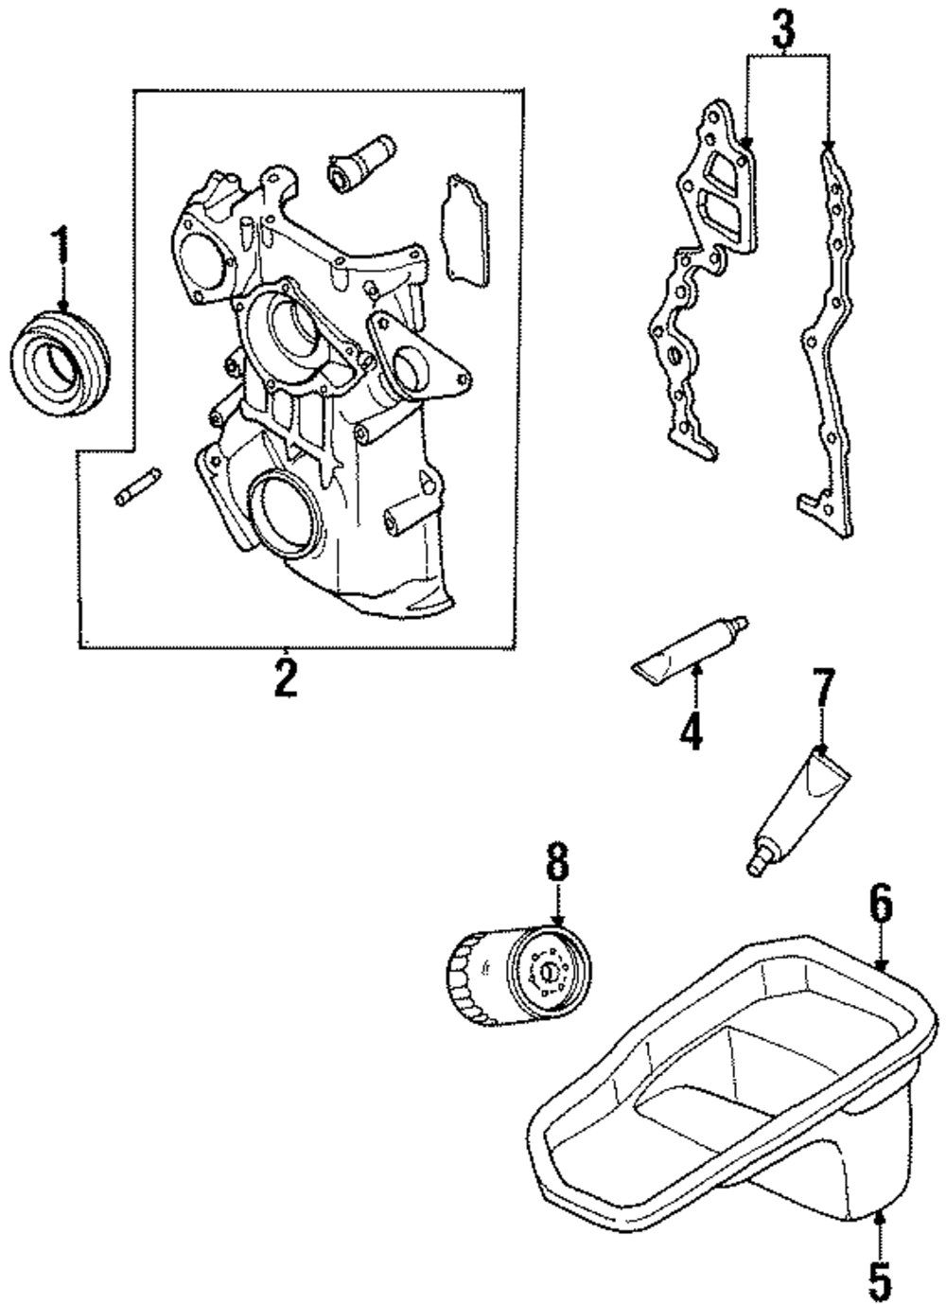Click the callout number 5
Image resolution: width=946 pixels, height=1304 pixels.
click(x=880, y=1278)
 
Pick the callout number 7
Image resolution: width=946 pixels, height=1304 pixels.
click(x=823, y=688)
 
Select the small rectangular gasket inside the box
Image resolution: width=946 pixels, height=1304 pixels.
click(x=462, y=229)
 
